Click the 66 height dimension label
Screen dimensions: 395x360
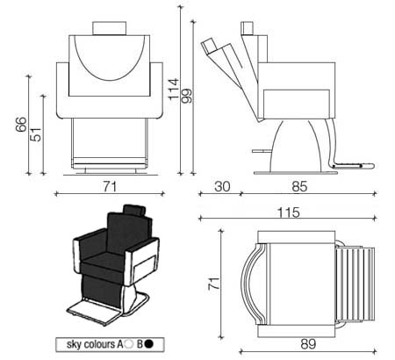(21, 125)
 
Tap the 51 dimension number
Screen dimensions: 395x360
(36, 134)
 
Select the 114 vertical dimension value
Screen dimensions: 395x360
(174, 89)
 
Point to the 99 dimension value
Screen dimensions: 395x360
(186, 96)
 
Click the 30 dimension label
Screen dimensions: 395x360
(222, 186)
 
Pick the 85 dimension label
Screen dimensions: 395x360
(299, 186)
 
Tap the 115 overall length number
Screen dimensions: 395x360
(289, 212)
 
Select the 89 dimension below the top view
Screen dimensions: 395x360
(308, 344)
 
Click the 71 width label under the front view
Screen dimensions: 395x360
(110, 186)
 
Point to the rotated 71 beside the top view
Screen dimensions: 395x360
(213, 283)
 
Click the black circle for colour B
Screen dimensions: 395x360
(149, 344)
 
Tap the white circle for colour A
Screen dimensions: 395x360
(128, 344)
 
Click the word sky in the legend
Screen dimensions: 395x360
(74, 344)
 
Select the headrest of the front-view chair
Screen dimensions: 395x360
(110, 28)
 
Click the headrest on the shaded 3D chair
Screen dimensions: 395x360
(134, 210)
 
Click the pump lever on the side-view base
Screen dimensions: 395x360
(262, 151)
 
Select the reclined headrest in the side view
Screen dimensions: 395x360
(208, 46)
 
